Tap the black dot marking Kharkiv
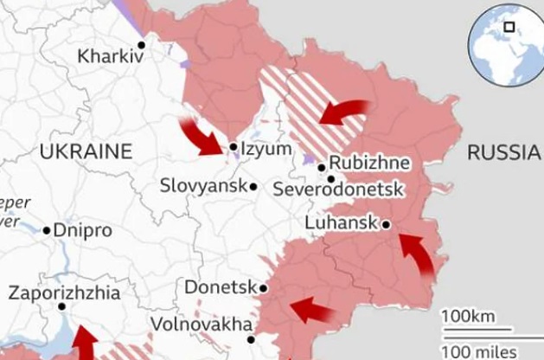(141, 44)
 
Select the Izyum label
(266, 149)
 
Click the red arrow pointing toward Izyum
(201, 136)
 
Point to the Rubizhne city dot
(322, 167)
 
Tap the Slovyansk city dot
(253, 186)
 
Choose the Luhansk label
(342, 223)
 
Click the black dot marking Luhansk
(386, 224)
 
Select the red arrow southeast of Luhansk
(419, 255)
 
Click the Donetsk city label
(221, 287)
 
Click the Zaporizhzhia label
(64, 292)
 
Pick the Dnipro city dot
(47, 230)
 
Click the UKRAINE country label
(86, 152)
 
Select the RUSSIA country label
(502, 153)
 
